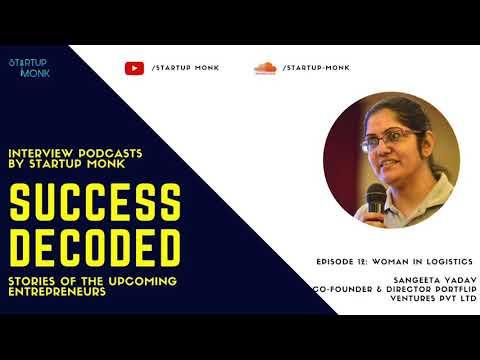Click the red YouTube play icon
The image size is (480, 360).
coord(135,68)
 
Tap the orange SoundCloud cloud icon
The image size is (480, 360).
coord(265,68)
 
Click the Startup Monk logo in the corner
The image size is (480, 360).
coord(29,68)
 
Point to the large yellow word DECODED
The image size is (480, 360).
coord(95,248)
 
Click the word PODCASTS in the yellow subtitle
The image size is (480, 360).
coord(110,153)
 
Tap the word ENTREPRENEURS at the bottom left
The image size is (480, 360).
coord(57,292)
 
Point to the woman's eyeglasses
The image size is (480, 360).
coord(391,139)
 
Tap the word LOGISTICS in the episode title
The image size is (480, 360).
coord(448,262)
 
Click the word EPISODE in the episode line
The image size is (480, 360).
coord(335,262)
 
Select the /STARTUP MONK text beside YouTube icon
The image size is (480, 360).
coord(185,68)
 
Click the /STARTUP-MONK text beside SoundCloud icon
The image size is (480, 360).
coord(316,68)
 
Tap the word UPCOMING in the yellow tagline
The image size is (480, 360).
coord(143,281)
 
